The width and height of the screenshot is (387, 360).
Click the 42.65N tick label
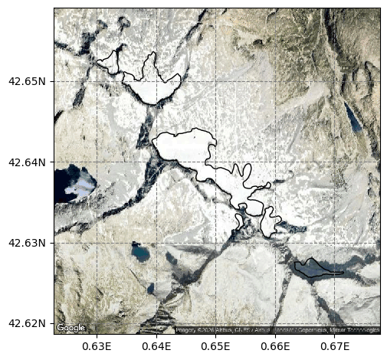click(x=27, y=81)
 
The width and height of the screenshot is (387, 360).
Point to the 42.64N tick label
click(x=27, y=162)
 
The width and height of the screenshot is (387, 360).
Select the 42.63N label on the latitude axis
click(x=27, y=243)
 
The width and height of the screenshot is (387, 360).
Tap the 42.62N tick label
click(x=27, y=323)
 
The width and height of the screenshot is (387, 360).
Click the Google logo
click(x=71, y=328)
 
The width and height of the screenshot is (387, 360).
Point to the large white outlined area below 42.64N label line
click(x=184, y=146)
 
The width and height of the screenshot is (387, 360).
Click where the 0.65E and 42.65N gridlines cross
click(x=216, y=81)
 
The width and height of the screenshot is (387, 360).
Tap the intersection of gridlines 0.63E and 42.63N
click(x=97, y=243)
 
